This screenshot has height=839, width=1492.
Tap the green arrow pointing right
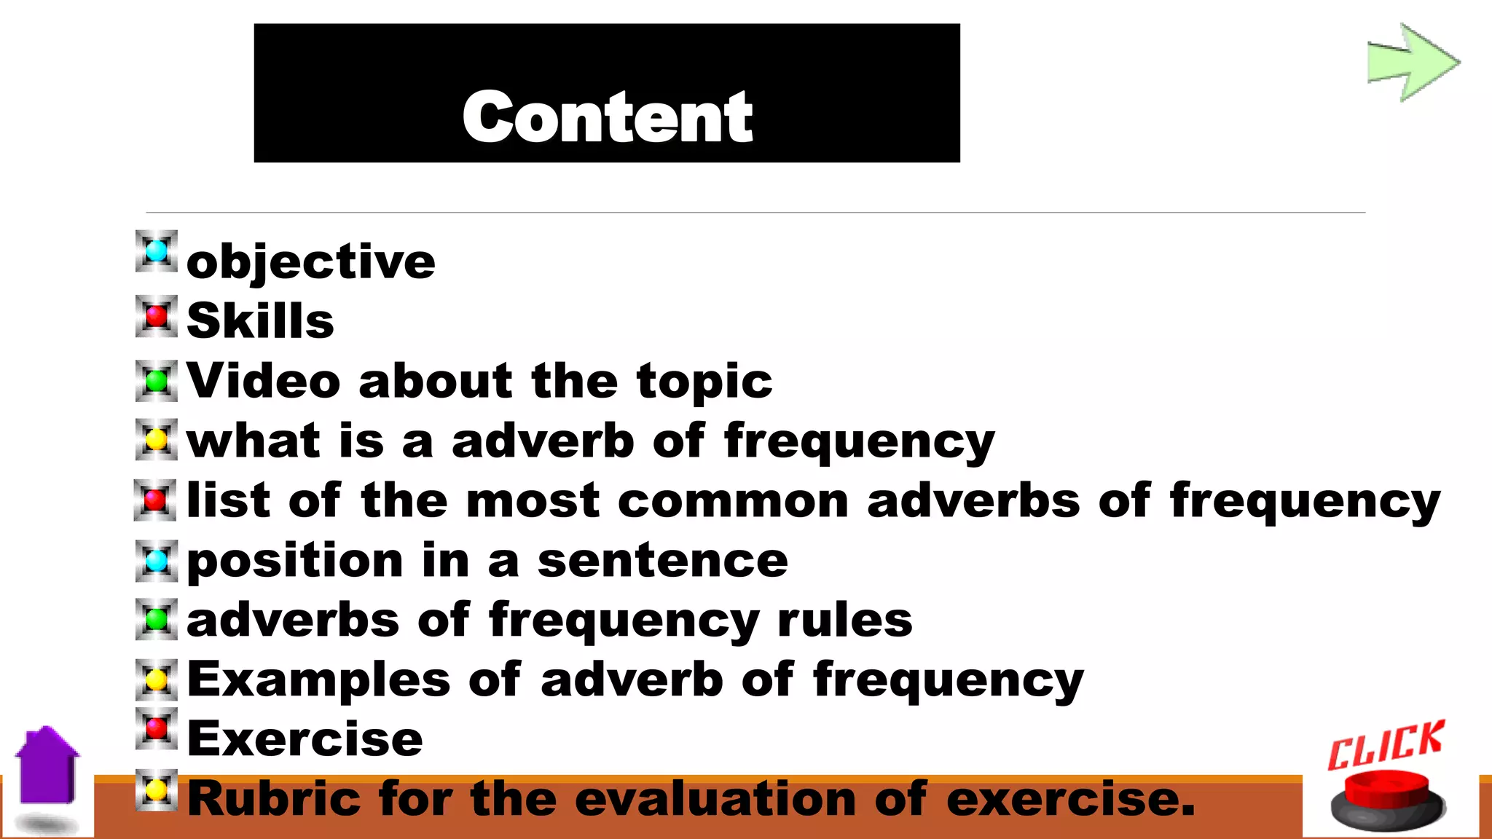(x=1412, y=63)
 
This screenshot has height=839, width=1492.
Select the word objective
(x=311, y=261)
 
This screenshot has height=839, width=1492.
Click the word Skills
(x=260, y=320)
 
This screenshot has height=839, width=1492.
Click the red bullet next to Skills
(x=157, y=316)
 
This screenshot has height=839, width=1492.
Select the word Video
(x=263, y=380)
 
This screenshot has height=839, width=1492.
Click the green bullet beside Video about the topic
(x=157, y=380)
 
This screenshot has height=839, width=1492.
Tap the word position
(x=295, y=562)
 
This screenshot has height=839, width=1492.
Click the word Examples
(x=318, y=680)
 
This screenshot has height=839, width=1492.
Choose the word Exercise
(x=305, y=739)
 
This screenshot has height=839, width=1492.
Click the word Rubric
(x=274, y=798)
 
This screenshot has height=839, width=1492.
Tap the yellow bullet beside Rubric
(x=157, y=789)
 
